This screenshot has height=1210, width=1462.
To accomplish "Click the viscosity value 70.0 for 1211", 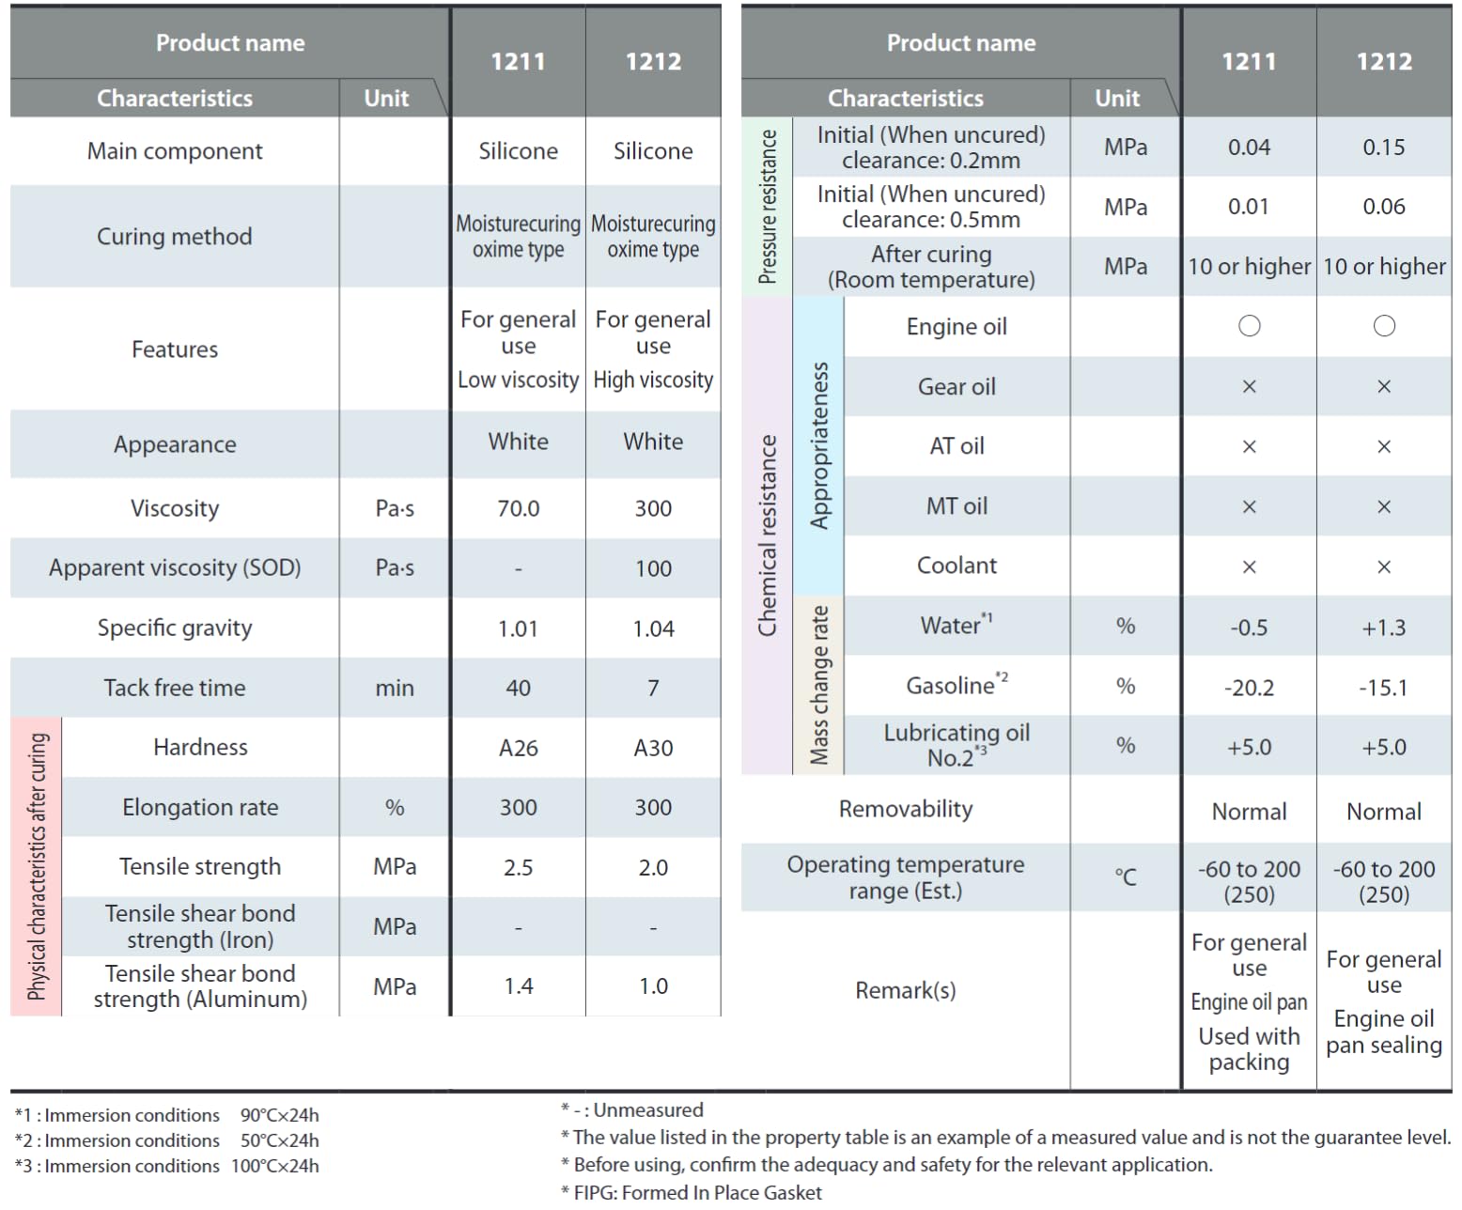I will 518,508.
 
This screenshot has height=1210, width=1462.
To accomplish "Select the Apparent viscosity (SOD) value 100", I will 653,568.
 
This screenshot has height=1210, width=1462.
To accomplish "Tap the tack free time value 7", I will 653,688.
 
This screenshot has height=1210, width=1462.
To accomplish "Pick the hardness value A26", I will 518,748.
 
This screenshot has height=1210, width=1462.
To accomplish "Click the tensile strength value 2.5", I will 518,867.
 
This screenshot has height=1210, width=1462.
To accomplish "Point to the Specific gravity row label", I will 175,628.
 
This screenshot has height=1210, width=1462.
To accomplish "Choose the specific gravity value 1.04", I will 653,628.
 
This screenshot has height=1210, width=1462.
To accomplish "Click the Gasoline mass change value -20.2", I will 1249,688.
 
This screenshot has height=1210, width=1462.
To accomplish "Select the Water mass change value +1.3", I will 1384,628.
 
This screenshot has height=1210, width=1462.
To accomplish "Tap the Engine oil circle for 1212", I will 1384,326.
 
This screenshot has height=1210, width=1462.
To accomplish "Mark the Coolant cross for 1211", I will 1249,566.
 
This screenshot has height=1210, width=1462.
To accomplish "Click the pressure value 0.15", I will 1384,147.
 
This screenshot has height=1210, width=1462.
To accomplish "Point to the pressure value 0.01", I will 1249,207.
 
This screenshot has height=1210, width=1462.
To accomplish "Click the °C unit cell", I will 1126,877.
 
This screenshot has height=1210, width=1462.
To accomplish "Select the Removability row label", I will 906,809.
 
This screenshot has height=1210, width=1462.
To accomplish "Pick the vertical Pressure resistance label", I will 768,207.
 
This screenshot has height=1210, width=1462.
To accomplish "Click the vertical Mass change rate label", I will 819,685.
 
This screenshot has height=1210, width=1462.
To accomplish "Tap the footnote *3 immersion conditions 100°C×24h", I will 167,1166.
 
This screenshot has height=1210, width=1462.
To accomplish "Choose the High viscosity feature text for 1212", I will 653,380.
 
